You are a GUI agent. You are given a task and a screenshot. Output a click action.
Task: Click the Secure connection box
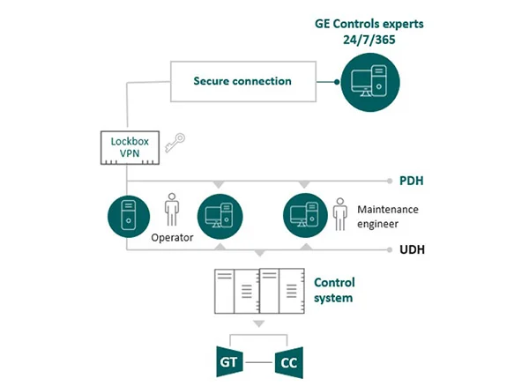point(242,81)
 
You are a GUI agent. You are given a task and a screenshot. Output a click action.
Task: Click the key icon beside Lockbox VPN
point(176,142)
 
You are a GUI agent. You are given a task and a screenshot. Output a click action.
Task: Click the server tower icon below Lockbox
point(126,216)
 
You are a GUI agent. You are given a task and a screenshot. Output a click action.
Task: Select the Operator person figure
point(172,212)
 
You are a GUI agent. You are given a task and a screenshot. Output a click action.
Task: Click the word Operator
point(172,237)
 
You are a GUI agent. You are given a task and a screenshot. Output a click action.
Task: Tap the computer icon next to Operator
point(218,216)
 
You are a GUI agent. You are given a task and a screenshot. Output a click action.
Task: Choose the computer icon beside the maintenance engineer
point(304,216)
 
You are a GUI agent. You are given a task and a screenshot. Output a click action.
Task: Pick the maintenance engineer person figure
point(339,213)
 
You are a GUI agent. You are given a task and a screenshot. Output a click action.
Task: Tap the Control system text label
point(335,290)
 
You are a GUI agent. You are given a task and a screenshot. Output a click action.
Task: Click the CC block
point(287,361)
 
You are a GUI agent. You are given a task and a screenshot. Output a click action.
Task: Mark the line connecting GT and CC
point(258,361)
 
